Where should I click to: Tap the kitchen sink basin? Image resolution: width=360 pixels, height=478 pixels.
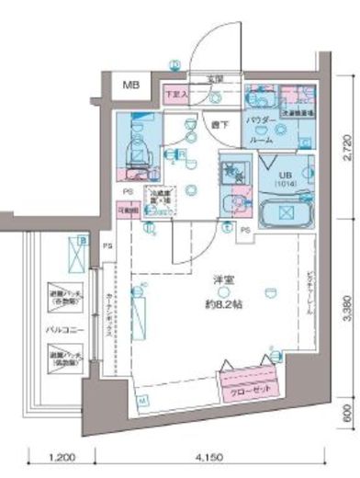(x=230, y=172)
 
